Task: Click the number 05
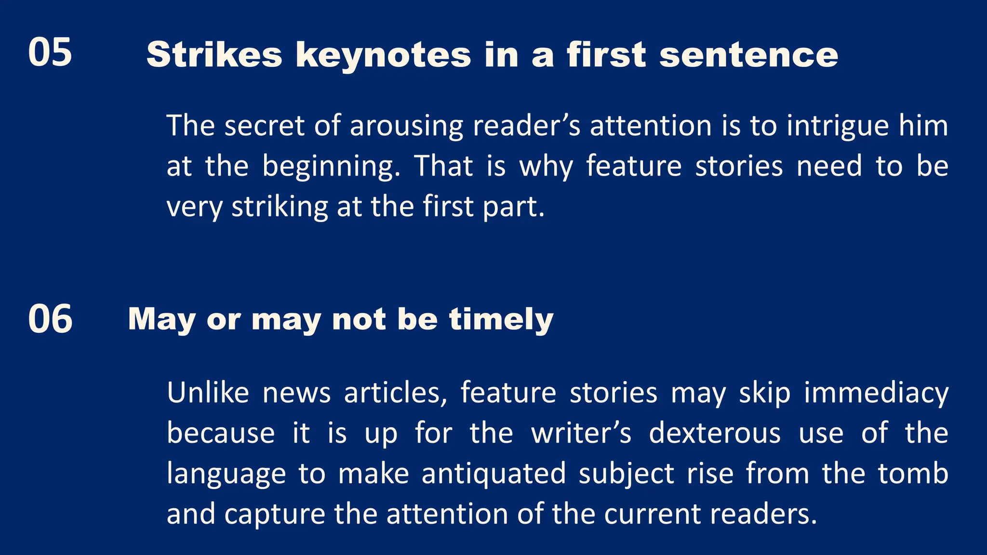50,52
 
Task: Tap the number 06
50,319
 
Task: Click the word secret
264,126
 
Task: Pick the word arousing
406,127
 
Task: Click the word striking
280,208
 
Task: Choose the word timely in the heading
501,319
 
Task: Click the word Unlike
208,393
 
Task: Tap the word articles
396,393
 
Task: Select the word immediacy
876,394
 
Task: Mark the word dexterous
715,433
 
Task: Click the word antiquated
493,474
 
